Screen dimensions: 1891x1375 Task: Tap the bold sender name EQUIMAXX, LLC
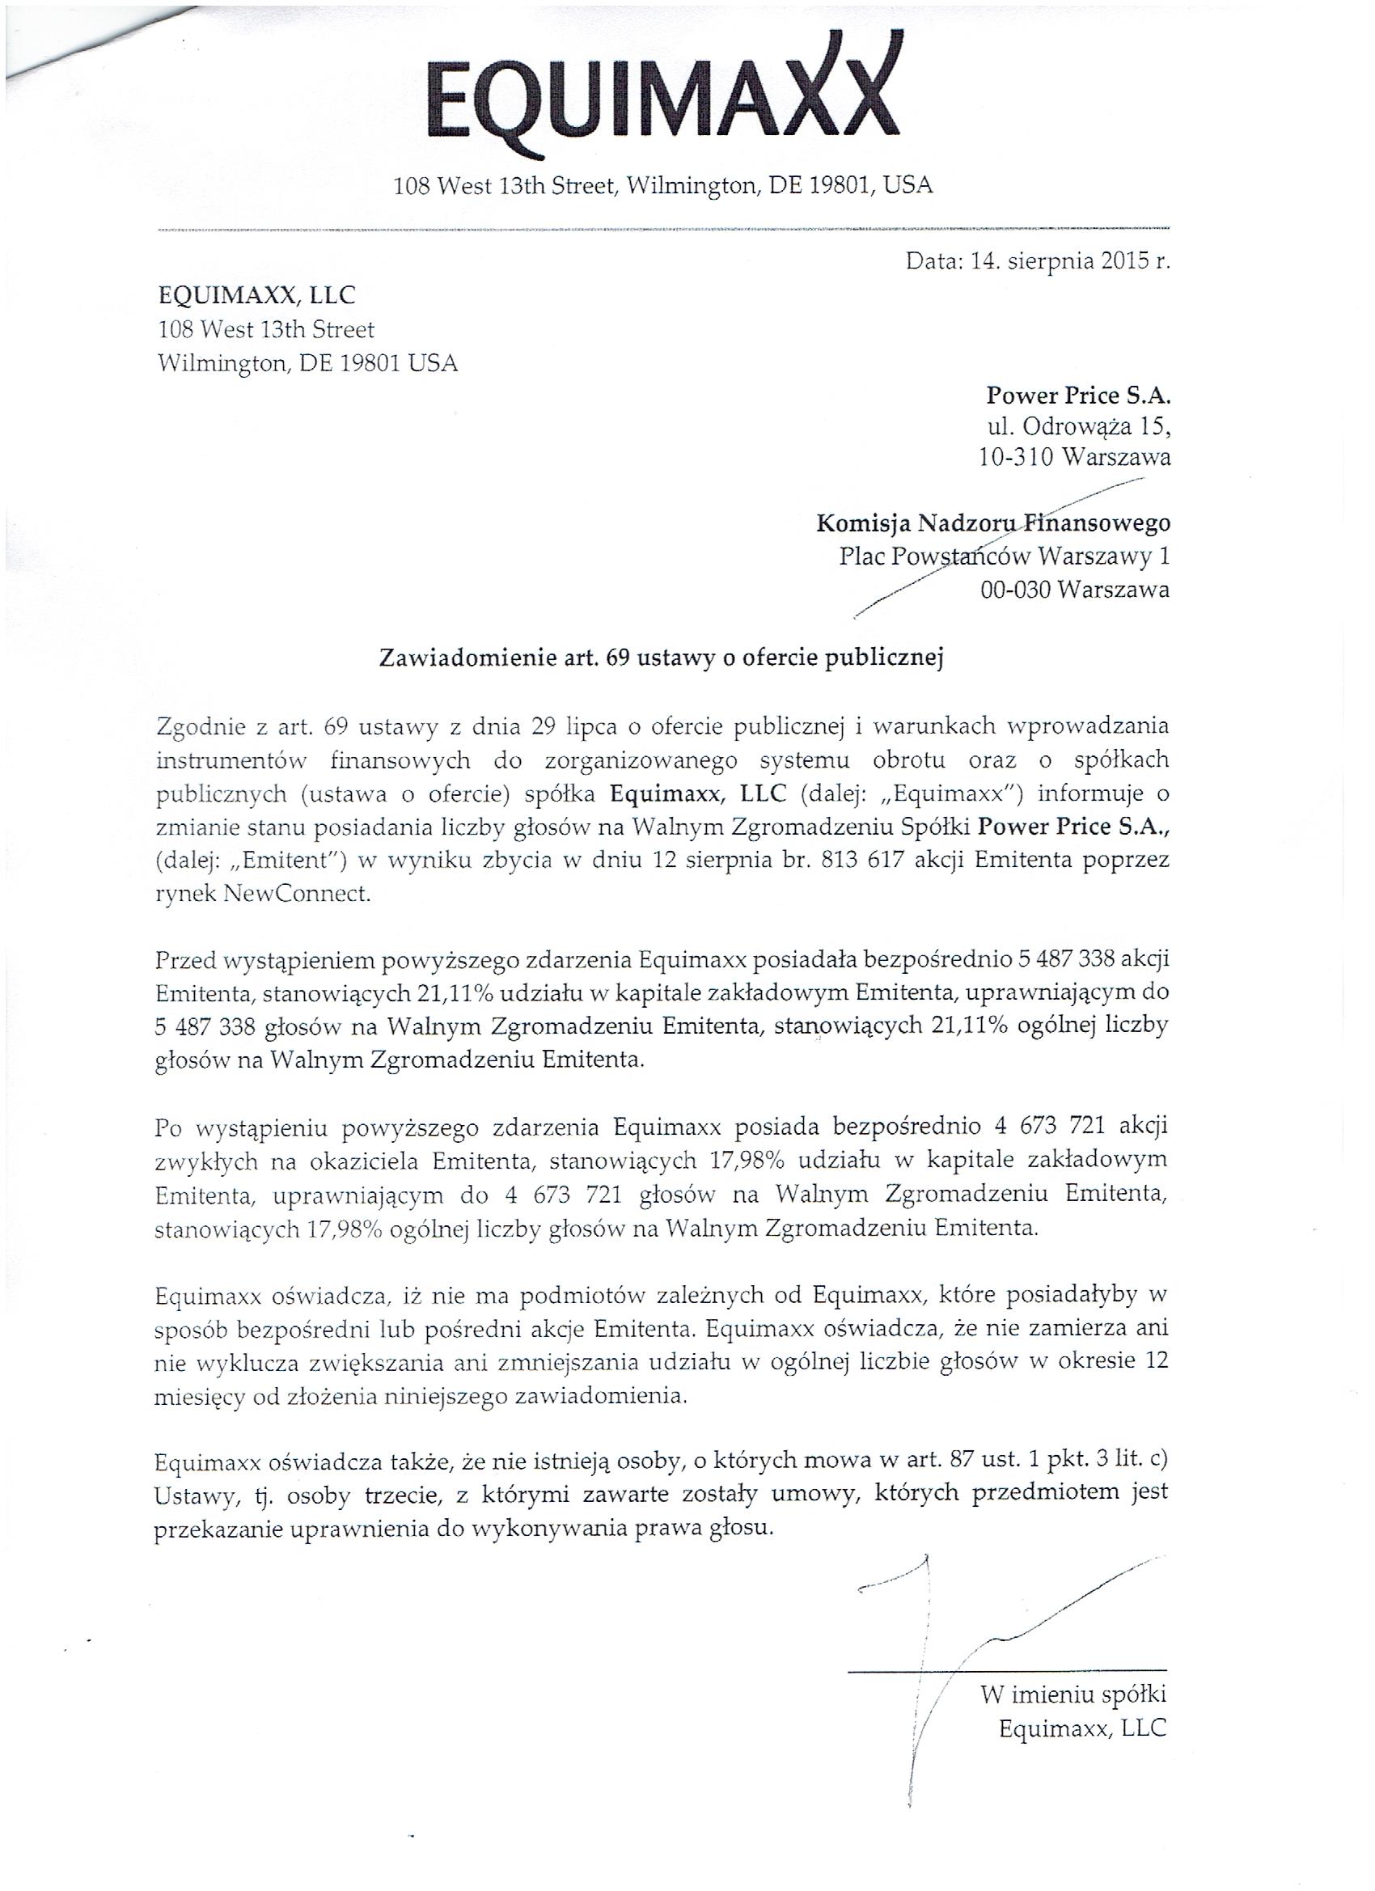(x=257, y=295)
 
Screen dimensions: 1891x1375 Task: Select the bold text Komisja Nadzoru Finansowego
(x=992, y=523)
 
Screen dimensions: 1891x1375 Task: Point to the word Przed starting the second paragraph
(x=186, y=960)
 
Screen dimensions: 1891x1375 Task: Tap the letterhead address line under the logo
(x=663, y=185)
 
